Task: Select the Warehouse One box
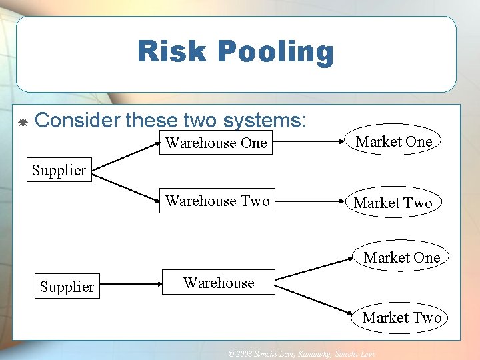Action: (x=216, y=143)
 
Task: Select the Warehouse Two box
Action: (x=217, y=201)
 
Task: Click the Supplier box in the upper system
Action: (x=59, y=170)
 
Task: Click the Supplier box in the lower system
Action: (x=67, y=287)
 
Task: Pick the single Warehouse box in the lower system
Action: (x=219, y=283)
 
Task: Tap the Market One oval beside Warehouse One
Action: (x=394, y=141)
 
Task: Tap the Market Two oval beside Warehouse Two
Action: (x=393, y=203)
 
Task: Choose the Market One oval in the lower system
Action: (x=402, y=257)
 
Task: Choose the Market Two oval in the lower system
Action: (x=402, y=317)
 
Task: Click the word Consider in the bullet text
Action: (x=77, y=121)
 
